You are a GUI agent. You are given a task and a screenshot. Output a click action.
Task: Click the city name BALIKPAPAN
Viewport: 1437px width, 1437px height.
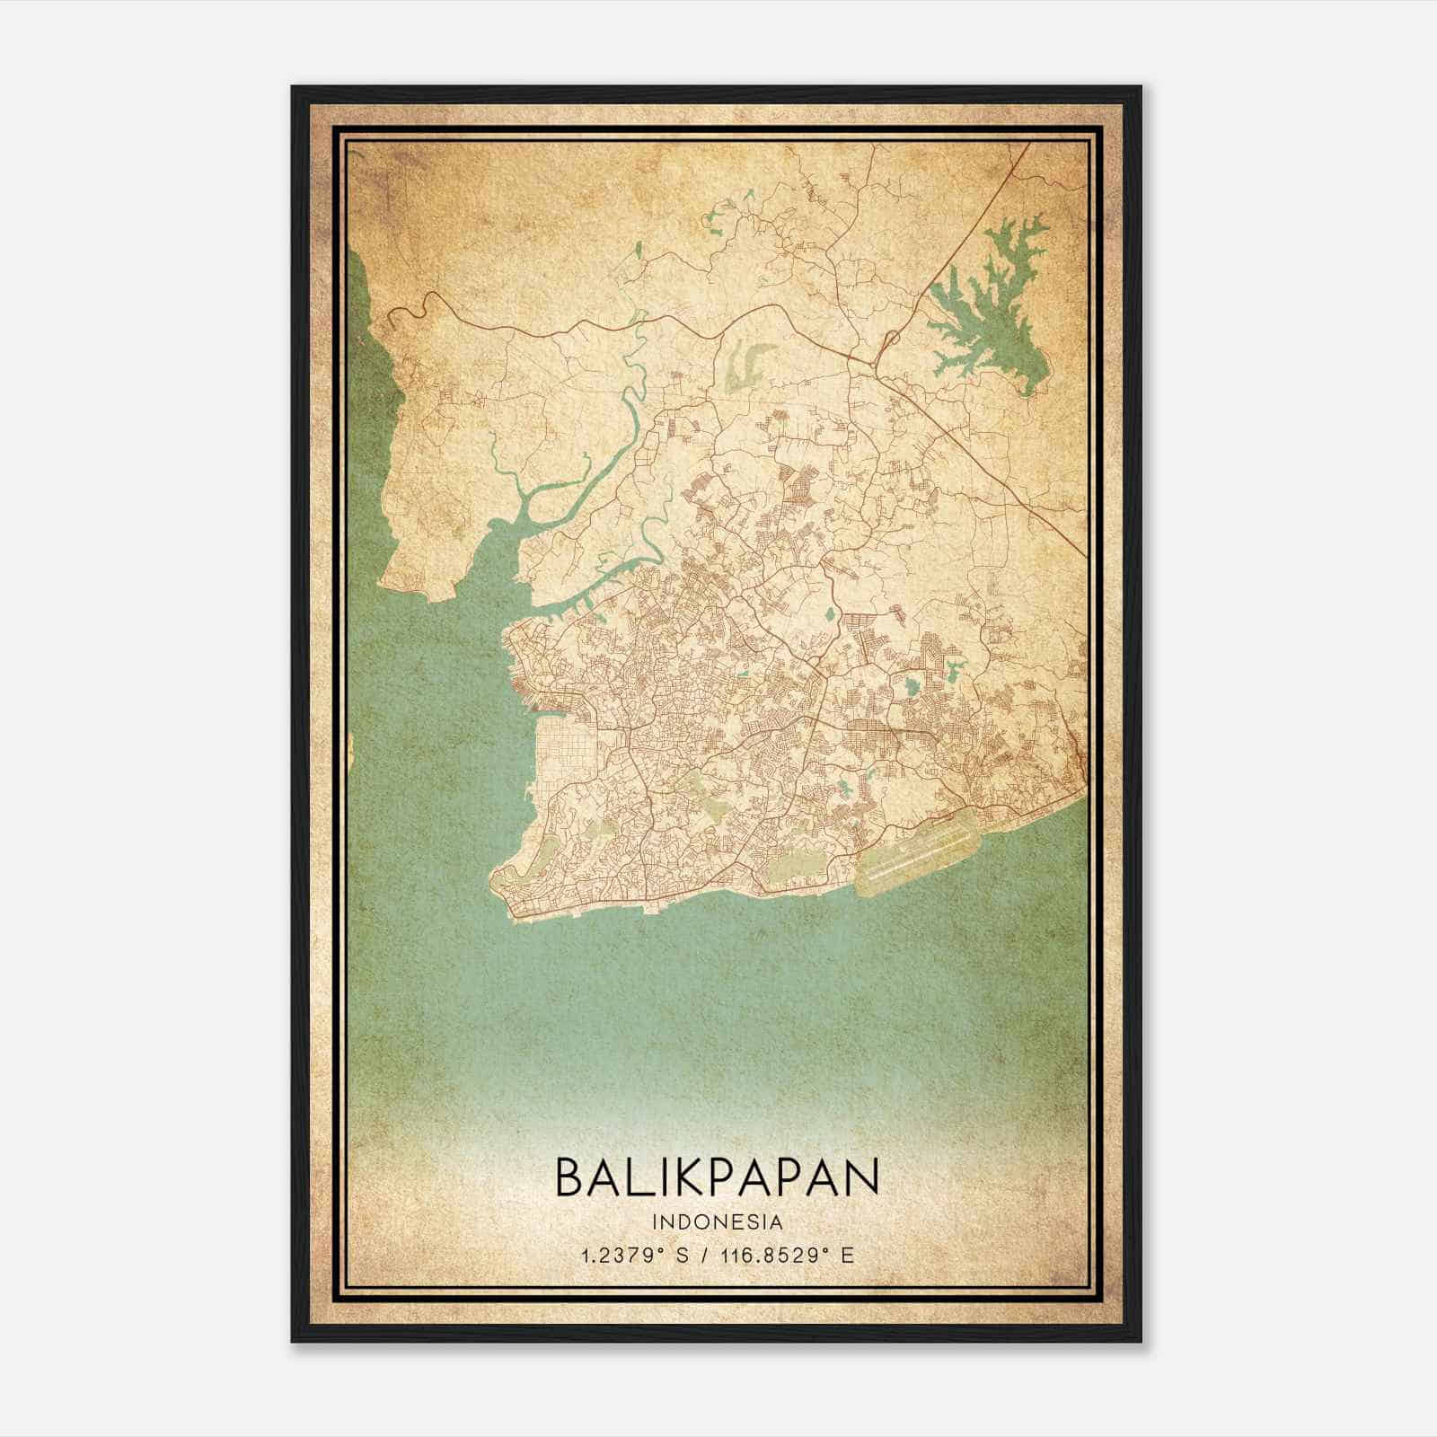717,1177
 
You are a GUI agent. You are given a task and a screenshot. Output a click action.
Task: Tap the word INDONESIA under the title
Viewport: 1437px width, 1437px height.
718,1221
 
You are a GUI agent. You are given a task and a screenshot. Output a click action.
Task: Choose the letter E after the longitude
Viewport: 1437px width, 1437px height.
847,1255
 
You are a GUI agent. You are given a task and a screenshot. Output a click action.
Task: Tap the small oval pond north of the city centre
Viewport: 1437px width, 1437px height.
828,616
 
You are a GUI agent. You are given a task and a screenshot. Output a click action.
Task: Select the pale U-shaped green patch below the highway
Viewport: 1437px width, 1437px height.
748,364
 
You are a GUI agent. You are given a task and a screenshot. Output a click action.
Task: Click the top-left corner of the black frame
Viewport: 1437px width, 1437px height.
293,87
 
